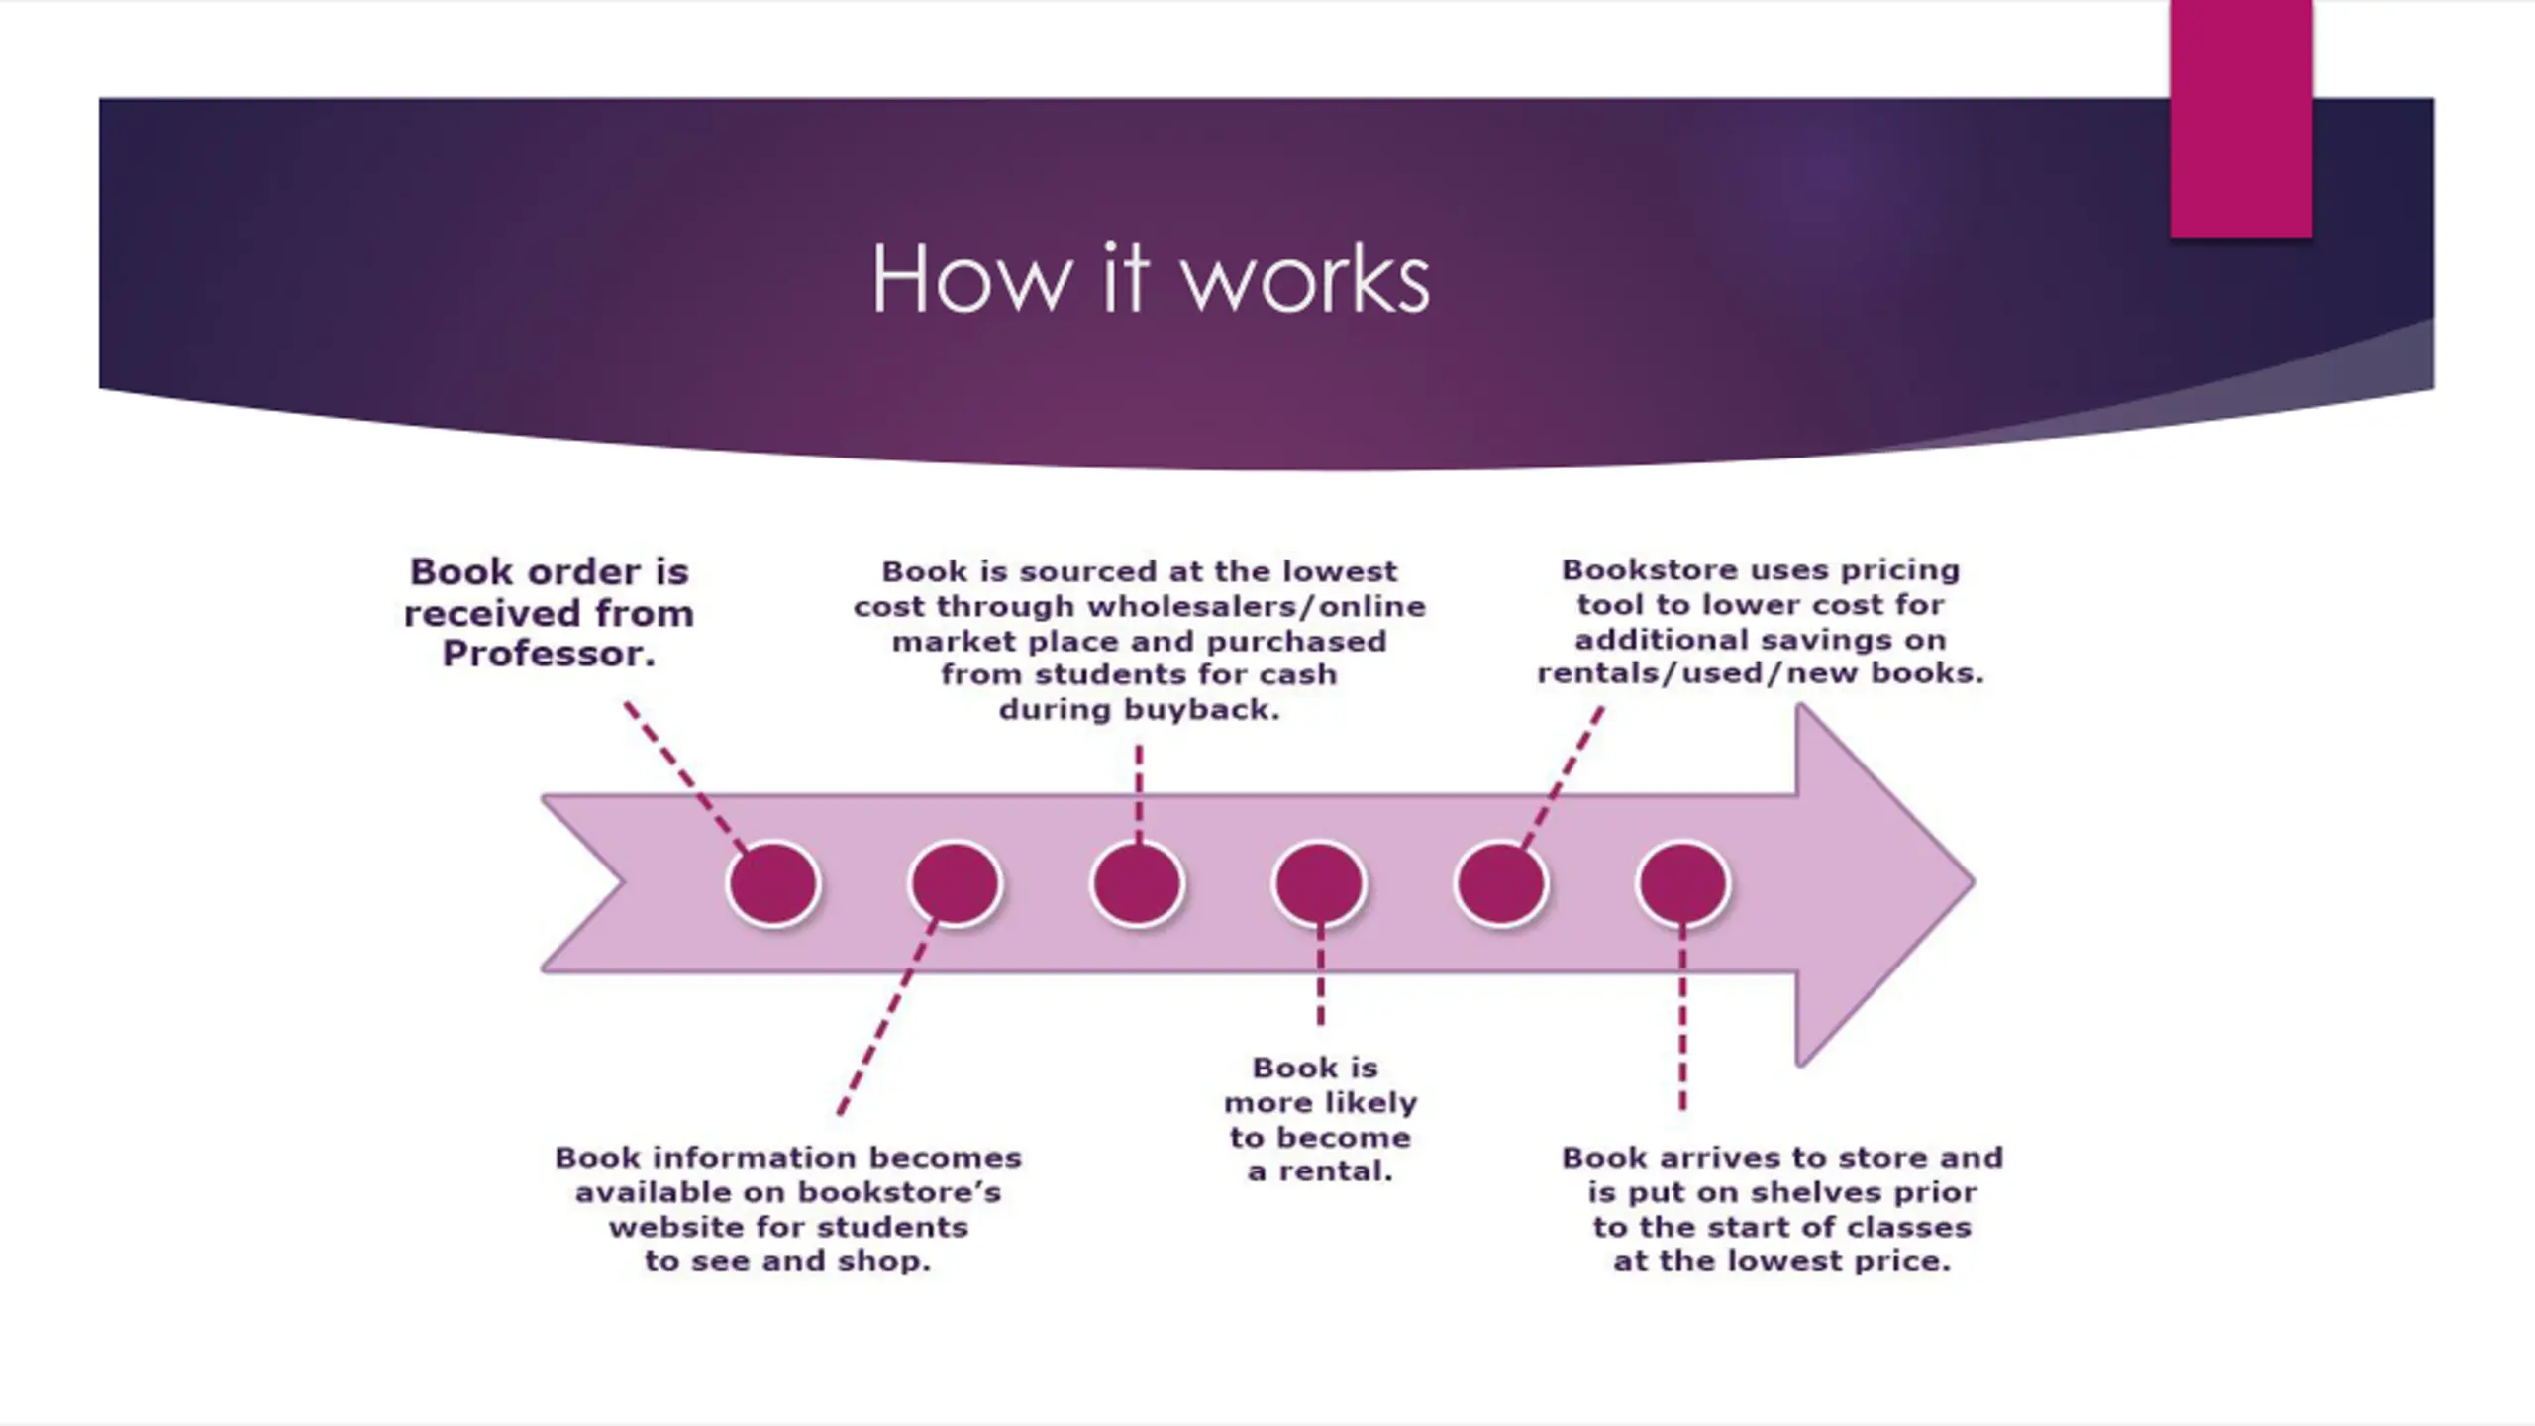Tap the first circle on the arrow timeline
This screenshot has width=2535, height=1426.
(x=772, y=883)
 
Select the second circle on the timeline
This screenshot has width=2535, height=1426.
(x=955, y=883)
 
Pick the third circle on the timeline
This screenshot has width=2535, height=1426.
(x=1137, y=883)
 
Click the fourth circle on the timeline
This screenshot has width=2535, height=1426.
(x=1319, y=883)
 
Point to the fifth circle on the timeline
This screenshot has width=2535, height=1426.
(x=1501, y=883)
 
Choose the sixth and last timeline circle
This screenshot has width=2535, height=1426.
(x=1683, y=883)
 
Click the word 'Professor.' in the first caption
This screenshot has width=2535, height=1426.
(x=549, y=654)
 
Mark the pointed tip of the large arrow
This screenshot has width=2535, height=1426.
(x=1975, y=881)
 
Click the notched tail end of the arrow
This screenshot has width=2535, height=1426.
(x=624, y=881)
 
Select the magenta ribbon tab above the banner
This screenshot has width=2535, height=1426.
(x=2241, y=119)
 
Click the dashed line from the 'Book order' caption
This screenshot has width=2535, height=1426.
(x=685, y=776)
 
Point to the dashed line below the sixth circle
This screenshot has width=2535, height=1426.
(x=1682, y=1018)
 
